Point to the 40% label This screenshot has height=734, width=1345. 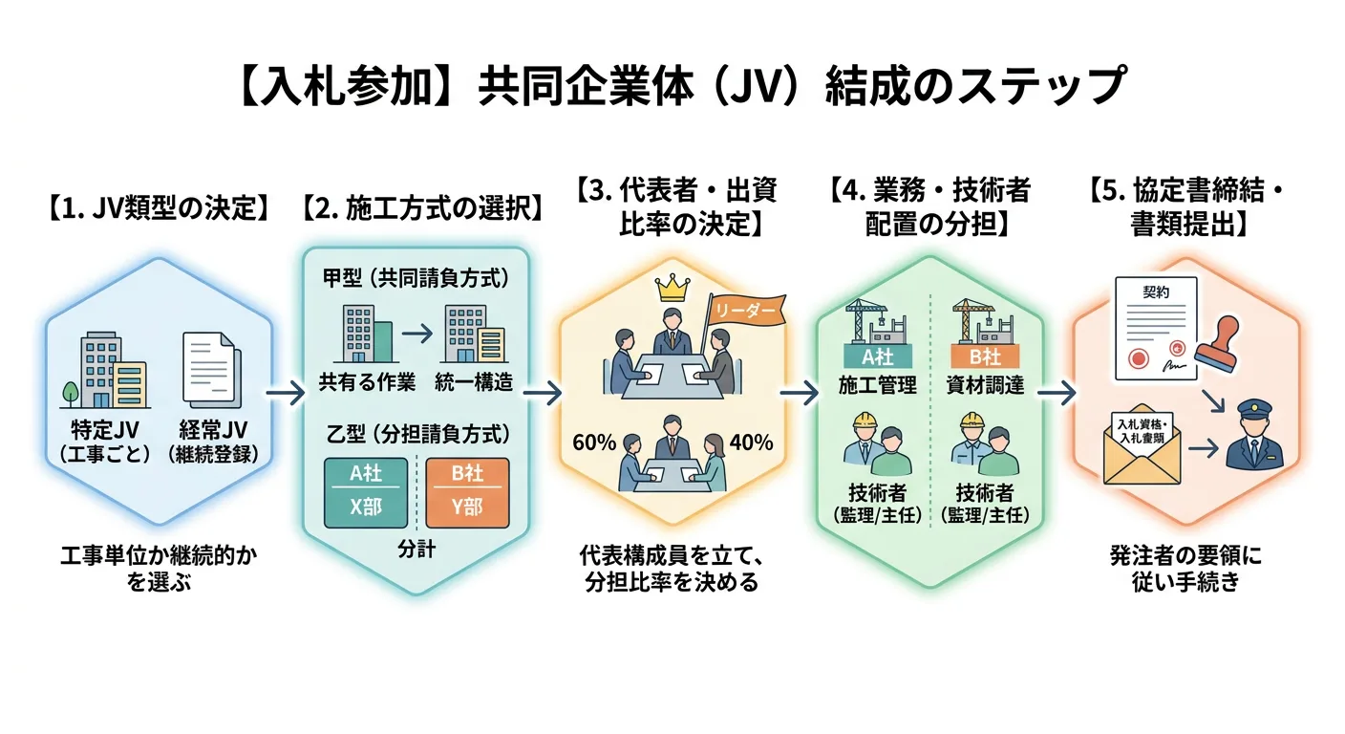point(751,443)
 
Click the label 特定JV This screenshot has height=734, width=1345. point(105,429)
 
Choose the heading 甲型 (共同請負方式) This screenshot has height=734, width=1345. point(416,279)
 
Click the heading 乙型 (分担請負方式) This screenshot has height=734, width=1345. point(416,432)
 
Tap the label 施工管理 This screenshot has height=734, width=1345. point(878,385)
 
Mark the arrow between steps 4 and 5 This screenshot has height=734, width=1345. point(1053,392)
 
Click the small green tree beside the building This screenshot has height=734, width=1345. point(71,392)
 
